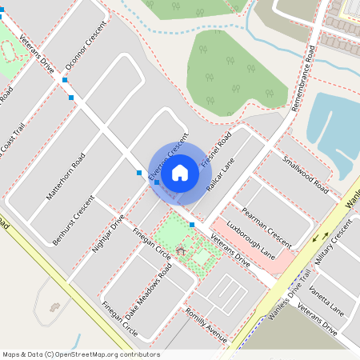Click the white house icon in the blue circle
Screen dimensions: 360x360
pyautogui.click(x=180, y=172)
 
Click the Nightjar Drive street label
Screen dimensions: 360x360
pyautogui.click(x=108, y=234)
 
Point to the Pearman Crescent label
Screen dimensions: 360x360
pyautogui.click(x=268, y=223)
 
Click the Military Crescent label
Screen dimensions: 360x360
pyautogui.click(x=334, y=244)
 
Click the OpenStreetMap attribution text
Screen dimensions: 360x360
pyautogui.click(x=81, y=354)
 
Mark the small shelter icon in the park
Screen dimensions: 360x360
pyautogui.click(x=180, y=251)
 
